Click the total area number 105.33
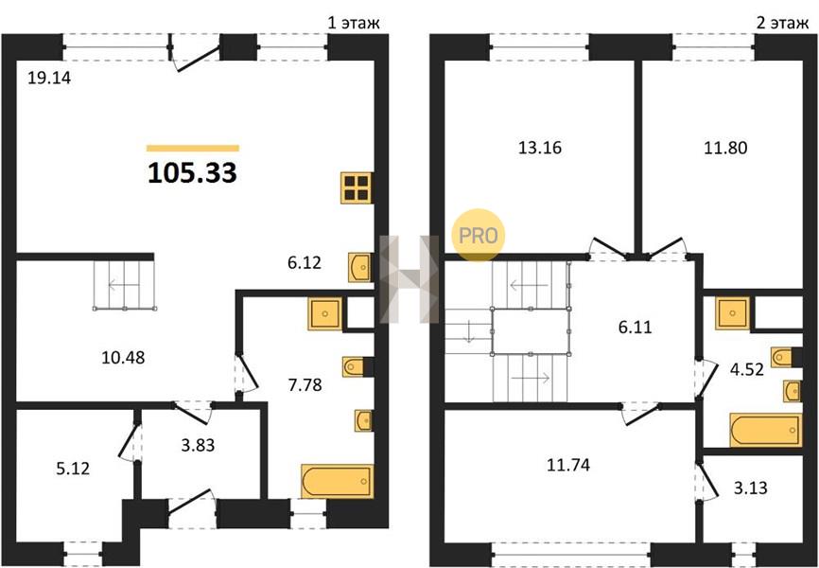(192, 173)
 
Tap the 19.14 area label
(49, 78)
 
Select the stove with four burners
(357, 187)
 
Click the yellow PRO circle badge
(478, 236)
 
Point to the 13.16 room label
(540, 148)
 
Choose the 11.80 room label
(725, 148)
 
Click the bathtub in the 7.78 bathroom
(337, 481)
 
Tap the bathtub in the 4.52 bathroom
(765, 431)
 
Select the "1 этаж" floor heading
(354, 23)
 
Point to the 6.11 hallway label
(636, 328)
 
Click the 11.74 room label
(568, 465)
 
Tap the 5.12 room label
(73, 468)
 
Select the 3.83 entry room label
(198, 446)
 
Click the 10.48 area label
(123, 358)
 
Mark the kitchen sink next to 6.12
(360, 267)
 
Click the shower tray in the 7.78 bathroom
(325, 314)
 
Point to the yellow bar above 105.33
(193, 148)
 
